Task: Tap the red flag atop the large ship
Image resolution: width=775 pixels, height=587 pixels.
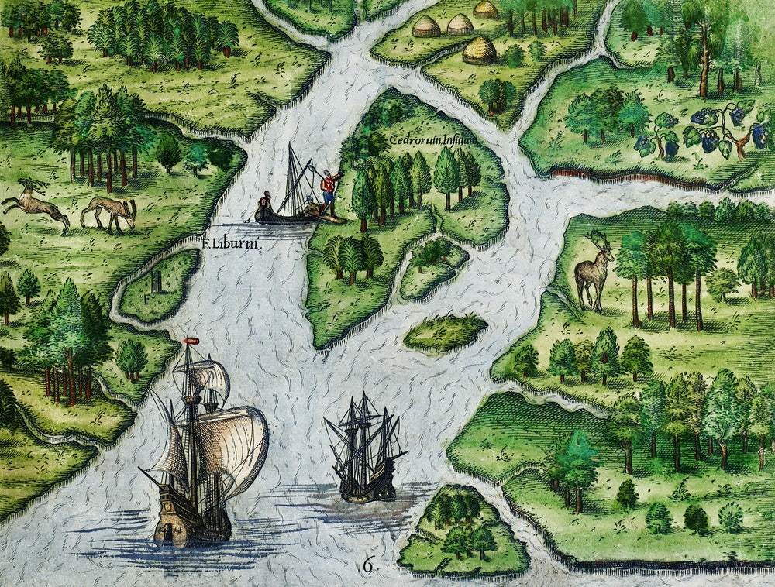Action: coord(191,341)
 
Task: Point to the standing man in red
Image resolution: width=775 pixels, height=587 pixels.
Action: coord(329,190)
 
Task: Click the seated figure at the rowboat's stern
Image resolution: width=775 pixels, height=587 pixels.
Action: coord(266,203)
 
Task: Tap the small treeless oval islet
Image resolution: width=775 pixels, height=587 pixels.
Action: coord(445,332)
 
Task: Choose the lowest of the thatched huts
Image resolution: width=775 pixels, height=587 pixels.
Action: coord(480,50)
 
